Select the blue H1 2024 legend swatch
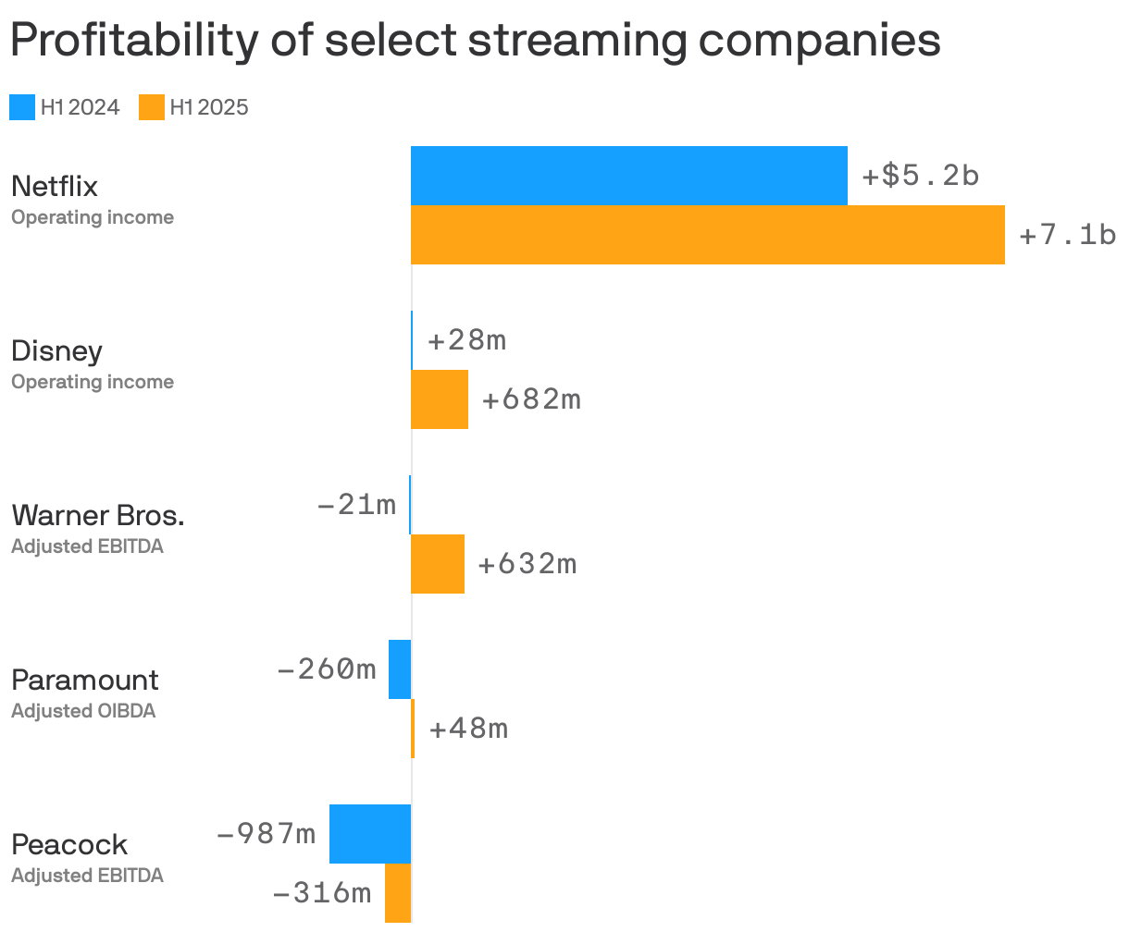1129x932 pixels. [x=22, y=107]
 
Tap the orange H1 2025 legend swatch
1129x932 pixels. [x=152, y=107]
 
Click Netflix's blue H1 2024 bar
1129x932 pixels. [x=629, y=176]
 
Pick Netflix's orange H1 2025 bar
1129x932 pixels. [x=708, y=235]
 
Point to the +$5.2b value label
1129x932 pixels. [x=920, y=176]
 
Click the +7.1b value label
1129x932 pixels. [x=1067, y=235]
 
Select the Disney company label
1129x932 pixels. [x=56, y=351]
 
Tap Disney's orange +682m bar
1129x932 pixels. [x=440, y=399]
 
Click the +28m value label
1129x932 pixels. [x=466, y=340]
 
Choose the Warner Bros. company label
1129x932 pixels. [x=97, y=515]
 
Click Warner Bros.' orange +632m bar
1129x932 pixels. [x=438, y=564]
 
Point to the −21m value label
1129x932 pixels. [x=356, y=505]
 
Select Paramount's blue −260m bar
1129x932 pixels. [x=400, y=669]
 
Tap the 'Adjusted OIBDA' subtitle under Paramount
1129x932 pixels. [x=83, y=711]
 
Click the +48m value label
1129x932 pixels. [x=468, y=729]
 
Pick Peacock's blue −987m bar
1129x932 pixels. [x=370, y=834]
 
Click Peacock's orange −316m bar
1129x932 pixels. [x=398, y=893]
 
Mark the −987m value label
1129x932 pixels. [x=266, y=834]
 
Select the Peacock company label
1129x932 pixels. [x=69, y=844]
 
